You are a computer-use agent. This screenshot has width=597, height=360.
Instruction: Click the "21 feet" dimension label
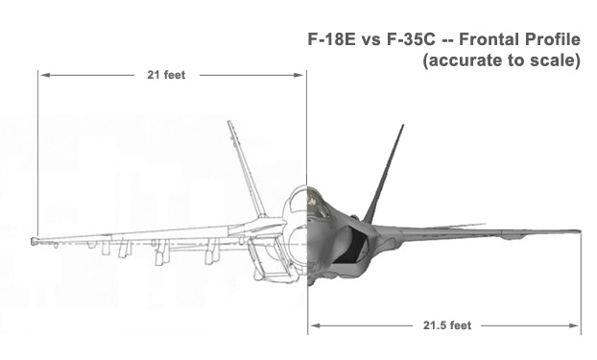click(166, 75)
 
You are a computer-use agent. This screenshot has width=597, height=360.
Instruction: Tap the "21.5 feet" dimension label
click(447, 325)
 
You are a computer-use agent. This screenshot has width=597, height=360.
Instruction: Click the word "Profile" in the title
click(553, 39)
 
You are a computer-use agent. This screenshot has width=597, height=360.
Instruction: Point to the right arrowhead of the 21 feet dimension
click(299, 75)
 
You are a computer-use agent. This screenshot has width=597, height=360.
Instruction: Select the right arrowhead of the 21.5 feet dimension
click(574, 325)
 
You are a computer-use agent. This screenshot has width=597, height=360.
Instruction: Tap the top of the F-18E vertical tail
click(229, 123)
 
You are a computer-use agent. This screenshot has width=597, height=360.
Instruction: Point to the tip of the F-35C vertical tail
click(403, 126)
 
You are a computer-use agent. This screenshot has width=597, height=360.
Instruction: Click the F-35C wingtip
click(579, 231)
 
